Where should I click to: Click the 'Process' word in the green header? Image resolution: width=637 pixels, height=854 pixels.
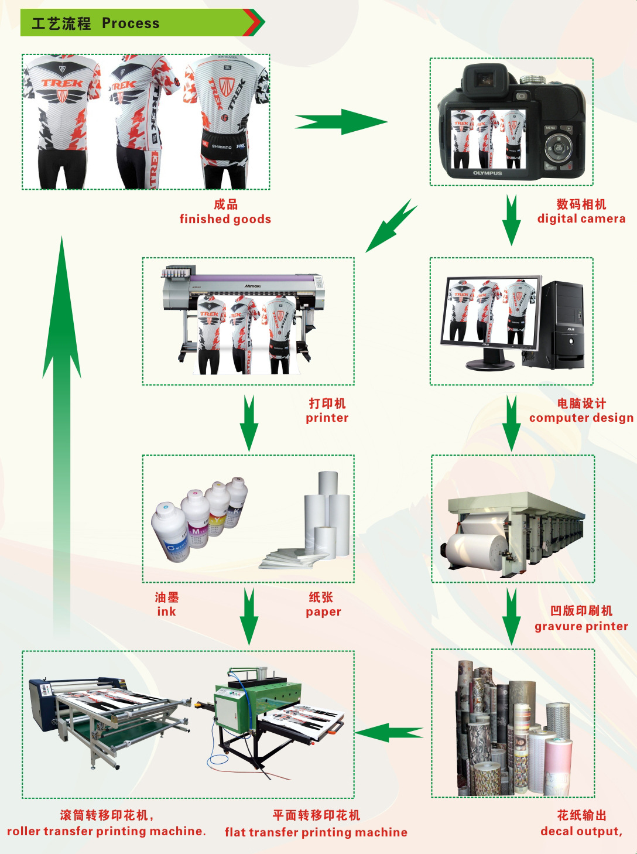(130, 23)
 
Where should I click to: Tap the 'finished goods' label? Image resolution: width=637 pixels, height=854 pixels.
(225, 219)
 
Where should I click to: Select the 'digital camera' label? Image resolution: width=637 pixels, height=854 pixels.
(581, 218)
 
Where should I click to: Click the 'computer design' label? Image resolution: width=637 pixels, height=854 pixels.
(581, 418)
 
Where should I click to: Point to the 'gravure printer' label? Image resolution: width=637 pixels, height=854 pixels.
(581, 626)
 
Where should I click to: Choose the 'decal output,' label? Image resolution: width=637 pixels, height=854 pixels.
(581, 831)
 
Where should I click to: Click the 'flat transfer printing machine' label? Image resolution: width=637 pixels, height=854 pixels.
(316, 832)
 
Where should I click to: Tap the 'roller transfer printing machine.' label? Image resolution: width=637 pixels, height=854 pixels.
(107, 831)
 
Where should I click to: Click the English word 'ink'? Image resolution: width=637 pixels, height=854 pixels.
(166, 612)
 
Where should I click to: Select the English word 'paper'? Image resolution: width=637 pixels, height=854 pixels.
(323, 612)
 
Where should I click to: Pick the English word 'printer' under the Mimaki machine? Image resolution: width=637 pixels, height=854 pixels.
(327, 418)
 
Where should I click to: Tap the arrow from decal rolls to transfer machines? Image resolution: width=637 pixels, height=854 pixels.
(389, 732)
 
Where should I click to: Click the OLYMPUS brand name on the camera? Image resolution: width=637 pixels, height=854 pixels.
(487, 173)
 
